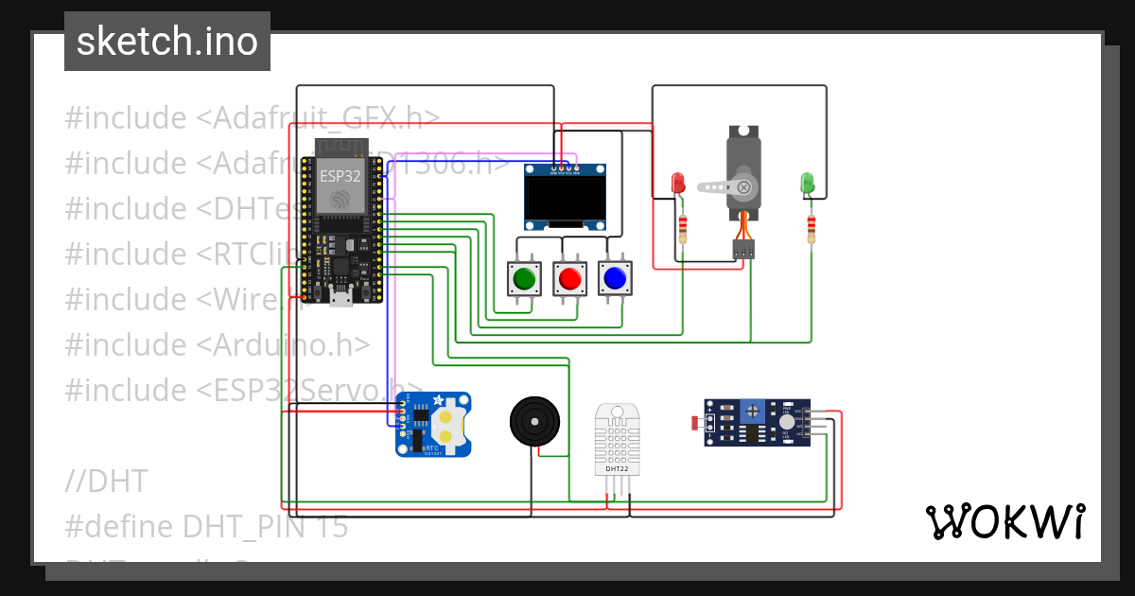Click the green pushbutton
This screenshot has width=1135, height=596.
tap(523, 278)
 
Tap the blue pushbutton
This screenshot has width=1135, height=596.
tap(614, 278)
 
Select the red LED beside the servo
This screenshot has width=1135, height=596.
tap(677, 182)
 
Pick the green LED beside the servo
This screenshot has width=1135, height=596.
tap(807, 182)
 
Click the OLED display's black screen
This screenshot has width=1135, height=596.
tap(566, 200)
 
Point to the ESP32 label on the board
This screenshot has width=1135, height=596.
tap(339, 176)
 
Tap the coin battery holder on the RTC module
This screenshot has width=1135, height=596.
tap(452, 422)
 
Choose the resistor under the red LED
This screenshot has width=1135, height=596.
tap(683, 228)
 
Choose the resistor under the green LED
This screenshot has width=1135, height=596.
tap(811, 228)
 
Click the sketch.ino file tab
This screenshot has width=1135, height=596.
tap(167, 42)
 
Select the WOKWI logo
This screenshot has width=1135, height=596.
tap(1004, 521)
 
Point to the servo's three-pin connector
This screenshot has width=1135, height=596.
tap(743, 250)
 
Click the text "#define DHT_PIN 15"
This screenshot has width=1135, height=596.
tap(206, 526)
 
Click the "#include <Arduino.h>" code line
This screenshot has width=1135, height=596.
tap(217, 344)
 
